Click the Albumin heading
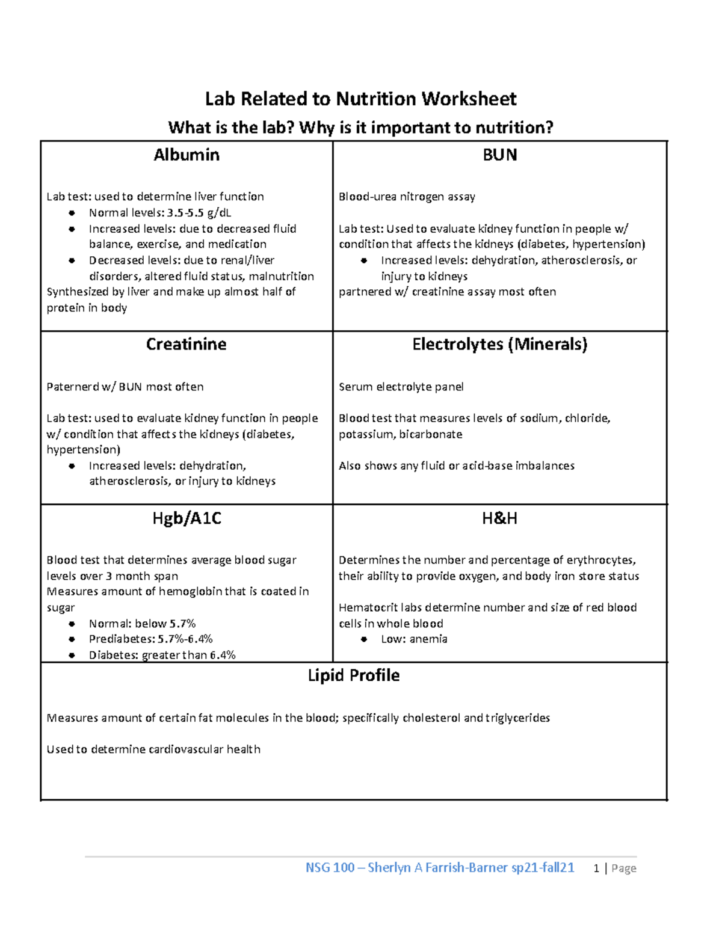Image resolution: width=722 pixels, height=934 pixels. [x=186, y=155]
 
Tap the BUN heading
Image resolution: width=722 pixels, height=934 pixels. [x=499, y=155]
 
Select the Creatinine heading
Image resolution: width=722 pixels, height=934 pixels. [x=186, y=344]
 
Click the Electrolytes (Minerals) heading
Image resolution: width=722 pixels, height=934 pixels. [x=499, y=344]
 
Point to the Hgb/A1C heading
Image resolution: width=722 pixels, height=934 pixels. [x=187, y=518]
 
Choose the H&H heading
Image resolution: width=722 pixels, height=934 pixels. [x=499, y=518]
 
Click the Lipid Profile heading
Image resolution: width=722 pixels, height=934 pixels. [x=354, y=675]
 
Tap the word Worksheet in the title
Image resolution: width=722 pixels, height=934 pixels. [x=469, y=99]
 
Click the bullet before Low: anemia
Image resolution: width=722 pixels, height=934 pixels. [x=363, y=639]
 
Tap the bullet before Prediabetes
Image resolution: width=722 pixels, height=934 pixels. [x=72, y=639]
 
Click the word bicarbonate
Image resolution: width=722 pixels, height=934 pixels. [x=431, y=434]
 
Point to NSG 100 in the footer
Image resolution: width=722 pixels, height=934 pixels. [x=330, y=868]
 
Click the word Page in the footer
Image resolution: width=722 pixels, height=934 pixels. [x=624, y=868]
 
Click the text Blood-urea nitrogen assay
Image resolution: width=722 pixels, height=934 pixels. [x=407, y=197]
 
